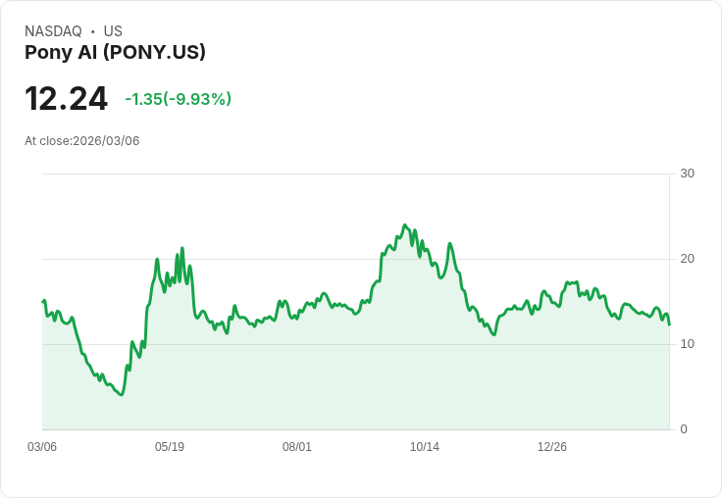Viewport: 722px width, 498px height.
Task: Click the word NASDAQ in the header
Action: (x=53, y=31)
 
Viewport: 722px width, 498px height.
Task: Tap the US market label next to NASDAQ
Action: (x=113, y=31)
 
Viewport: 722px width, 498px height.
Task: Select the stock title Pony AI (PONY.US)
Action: (x=115, y=53)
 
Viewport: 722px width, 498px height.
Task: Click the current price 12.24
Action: (x=66, y=99)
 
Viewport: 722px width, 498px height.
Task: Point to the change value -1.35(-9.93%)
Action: (x=178, y=99)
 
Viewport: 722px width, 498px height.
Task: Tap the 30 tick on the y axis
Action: (x=687, y=174)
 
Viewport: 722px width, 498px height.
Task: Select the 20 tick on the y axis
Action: (x=687, y=259)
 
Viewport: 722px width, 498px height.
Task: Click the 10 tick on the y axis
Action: (x=687, y=344)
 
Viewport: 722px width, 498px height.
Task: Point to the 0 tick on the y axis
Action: (x=684, y=429)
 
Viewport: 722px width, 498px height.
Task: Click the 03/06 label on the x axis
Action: (x=42, y=447)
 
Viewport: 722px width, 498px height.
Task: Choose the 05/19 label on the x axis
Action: (x=170, y=447)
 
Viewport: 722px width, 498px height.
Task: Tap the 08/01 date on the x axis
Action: (x=297, y=447)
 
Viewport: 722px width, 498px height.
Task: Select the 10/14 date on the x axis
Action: (x=425, y=447)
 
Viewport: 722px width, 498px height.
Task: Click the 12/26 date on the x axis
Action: (x=552, y=447)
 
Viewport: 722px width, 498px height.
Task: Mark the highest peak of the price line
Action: (x=405, y=224)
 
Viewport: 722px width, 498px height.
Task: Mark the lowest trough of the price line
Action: (x=121, y=394)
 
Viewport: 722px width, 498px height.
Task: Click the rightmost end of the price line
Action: (x=669, y=324)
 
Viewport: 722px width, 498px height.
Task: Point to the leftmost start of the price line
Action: (x=43, y=301)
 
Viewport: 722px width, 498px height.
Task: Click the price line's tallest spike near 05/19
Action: (x=182, y=248)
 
